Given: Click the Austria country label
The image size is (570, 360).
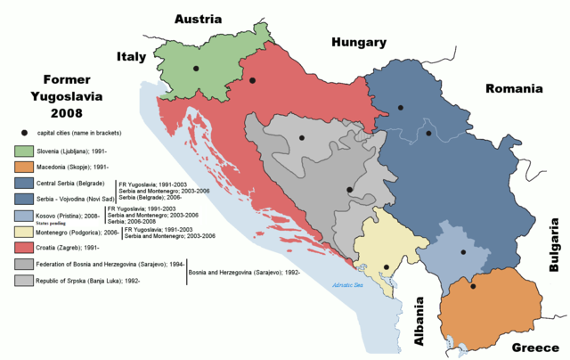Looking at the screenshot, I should (203, 19).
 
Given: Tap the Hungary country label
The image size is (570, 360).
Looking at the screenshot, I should (359, 42).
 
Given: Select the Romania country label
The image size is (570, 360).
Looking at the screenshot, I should (514, 89).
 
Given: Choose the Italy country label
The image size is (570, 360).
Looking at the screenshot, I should (131, 57).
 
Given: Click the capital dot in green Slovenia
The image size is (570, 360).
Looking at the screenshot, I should (196, 68).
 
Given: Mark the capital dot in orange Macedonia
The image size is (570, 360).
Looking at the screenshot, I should (473, 286).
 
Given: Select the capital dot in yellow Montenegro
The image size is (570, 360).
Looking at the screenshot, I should (386, 267).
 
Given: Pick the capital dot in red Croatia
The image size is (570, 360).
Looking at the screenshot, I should (253, 81).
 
